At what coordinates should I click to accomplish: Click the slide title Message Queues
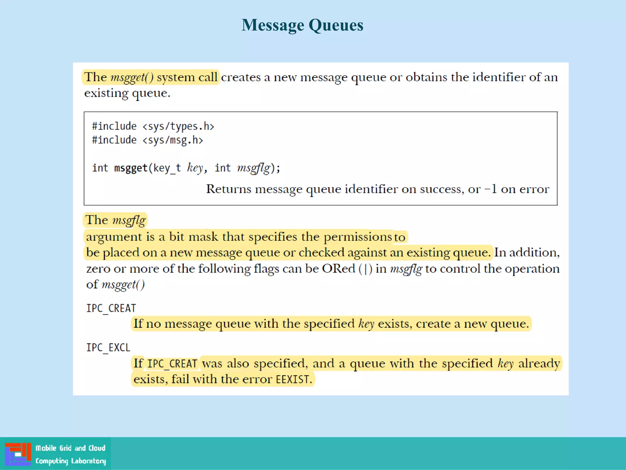point(302,25)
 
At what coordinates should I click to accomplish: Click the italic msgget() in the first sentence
point(132,77)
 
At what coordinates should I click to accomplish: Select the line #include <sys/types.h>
point(153,126)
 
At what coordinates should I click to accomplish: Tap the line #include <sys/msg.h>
point(148,140)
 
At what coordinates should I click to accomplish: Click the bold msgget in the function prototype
point(131,168)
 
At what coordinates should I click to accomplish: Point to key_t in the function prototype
point(167,168)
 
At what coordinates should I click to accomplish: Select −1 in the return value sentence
point(491,189)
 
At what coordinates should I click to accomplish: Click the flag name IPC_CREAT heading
point(111,308)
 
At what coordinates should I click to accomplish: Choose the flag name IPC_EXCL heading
point(108,348)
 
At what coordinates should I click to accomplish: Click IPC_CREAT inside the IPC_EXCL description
point(172,364)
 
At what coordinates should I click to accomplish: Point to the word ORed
point(338,269)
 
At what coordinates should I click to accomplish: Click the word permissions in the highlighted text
point(358,237)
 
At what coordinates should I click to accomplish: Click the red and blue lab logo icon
point(18,454)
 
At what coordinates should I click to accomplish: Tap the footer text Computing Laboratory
point(71,461)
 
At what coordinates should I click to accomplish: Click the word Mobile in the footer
point(46,448)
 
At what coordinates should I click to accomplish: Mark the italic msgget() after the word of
point(123,285)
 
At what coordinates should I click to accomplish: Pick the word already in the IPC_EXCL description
point(539,364)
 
